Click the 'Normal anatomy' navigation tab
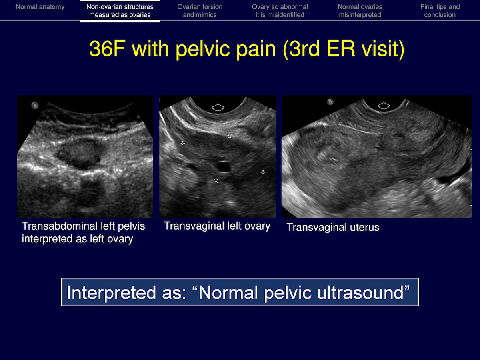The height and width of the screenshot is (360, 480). [40, 7]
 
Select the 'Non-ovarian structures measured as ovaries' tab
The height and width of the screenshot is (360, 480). [120, 11]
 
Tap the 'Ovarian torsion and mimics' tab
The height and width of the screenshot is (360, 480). [200, 11]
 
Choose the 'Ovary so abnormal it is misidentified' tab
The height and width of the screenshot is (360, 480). [280, 11]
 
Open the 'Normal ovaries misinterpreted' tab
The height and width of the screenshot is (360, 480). [360, 11]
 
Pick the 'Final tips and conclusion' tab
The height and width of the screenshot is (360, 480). [440, 11]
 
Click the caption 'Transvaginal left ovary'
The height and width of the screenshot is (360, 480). [217, 226]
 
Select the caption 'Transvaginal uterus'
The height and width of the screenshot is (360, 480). [333, 227]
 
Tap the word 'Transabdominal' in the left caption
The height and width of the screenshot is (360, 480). [65, 226]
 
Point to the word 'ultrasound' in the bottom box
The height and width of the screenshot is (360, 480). [360, 292]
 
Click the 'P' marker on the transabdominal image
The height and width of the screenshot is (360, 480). [35, 105]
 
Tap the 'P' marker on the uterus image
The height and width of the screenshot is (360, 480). [330, 102]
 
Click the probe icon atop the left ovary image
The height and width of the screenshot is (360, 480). [218, 108]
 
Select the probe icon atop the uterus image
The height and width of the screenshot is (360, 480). [384, 106]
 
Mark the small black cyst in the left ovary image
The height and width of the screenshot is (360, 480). [223, 166]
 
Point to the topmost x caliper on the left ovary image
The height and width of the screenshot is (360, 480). [230, 136]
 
